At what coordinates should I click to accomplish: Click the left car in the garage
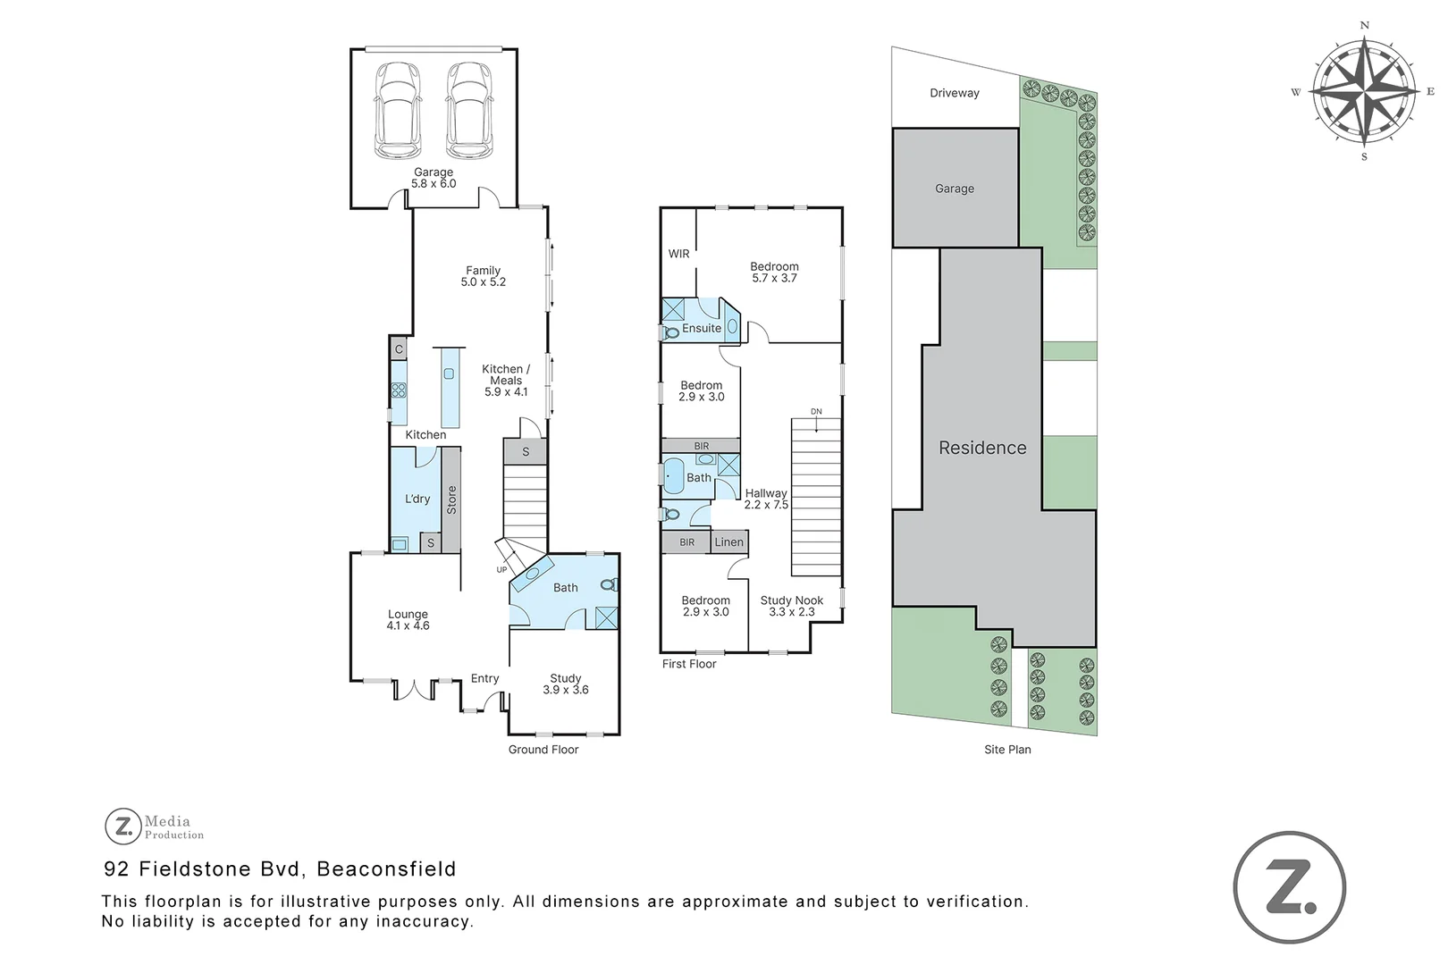coord(398,109)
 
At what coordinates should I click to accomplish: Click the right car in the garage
coord(469,109)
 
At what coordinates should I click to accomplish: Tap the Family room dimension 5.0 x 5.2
coord(483,282)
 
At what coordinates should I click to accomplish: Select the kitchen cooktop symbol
coord(399,390)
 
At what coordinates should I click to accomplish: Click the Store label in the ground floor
coord(451,499)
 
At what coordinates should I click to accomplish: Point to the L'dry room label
coord(417,499)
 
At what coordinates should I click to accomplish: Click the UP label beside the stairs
coord(501,569)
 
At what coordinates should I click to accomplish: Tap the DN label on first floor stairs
coord(816,412)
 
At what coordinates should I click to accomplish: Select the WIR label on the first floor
coord(679,254)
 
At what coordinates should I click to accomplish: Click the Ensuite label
coord(702,328)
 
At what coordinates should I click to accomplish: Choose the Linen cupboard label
coord(728,541)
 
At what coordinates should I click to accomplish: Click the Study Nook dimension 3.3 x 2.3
coord(792,612)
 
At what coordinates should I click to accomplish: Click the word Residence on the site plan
coord(982,448)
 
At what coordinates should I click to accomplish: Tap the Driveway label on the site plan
coord(954,93)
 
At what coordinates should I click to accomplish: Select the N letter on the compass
coord(1364,26)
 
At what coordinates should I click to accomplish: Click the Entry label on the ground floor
coord(484,678)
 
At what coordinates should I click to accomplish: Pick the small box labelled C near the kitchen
coord(399,348)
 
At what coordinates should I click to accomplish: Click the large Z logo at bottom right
coord(1289,887)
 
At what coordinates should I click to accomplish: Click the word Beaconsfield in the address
coord(386,868)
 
